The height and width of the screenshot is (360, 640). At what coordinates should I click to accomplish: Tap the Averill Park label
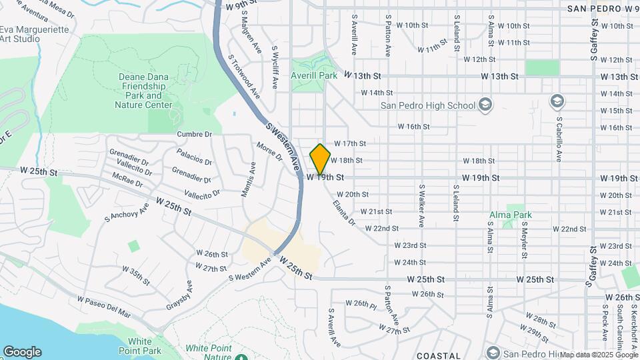(x=313, y=76)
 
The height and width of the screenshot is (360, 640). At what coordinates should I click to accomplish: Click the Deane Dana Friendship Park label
(x=145, y=91)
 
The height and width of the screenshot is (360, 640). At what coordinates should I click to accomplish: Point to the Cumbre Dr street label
(x=194, y=134)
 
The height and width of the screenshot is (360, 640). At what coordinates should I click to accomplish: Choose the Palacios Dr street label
(x=195, y=161)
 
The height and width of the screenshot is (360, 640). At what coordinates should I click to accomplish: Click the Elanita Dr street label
(x=345, y=213)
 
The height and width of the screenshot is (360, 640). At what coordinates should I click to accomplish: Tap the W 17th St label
(x=350, y=143)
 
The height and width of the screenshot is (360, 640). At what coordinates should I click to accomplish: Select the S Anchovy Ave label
(x=127, y=215)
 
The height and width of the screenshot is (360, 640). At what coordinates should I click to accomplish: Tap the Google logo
(x=22, y=352)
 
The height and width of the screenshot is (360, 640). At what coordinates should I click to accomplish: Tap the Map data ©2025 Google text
(x=597, y=355)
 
